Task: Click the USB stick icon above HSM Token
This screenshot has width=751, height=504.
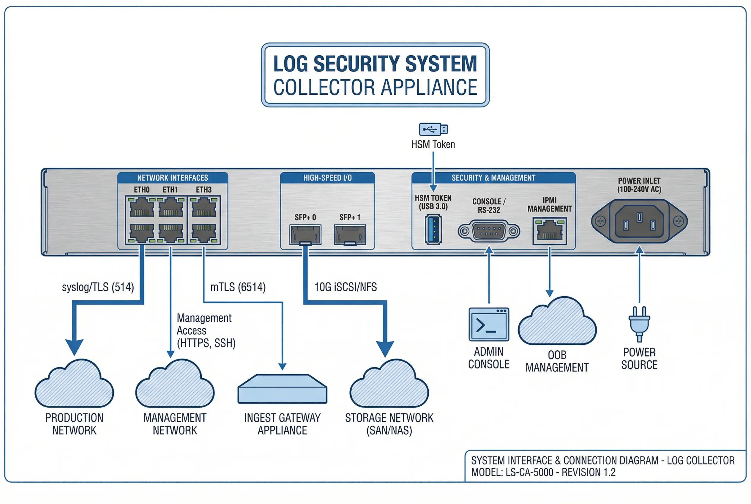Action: [x=433, y=130]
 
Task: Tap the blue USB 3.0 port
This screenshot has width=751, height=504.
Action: [x=433, y=230]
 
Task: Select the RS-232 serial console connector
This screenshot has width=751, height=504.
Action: [x=488, y=231]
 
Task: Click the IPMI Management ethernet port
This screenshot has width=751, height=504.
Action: [x=550, y=231]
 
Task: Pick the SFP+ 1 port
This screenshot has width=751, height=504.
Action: [x=350, y=235]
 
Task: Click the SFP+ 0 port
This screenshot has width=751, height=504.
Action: [x=305, y=235]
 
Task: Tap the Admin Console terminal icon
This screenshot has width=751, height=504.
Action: [x=488, y=324]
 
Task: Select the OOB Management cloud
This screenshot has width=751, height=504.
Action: [x=557, y=323]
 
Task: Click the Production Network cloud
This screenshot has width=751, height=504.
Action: [x=74, y=386]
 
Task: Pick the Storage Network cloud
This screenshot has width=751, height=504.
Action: [x=389, y=386]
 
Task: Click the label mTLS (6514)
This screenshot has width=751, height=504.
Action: [x=238, y=287]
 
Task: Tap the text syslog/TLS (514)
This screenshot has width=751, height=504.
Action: [x=98, y=287]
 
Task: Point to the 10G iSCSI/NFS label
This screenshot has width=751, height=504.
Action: [x=345, y=287]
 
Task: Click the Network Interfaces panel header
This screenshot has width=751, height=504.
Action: [x=173, y=178]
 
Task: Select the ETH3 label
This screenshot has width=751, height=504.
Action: [x=204, y=190]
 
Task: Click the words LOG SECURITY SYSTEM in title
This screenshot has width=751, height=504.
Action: [x=375, y=64]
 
